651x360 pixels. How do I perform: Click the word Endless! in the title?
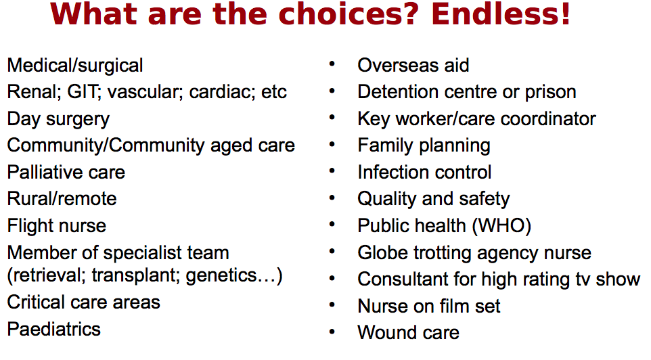coord(501,14)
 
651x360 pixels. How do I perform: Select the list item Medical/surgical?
coord(75,66)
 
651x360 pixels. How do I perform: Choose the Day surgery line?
coord(59,119)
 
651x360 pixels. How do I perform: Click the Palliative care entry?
coord(66,172)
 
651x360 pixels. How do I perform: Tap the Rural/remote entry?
coord(62,198)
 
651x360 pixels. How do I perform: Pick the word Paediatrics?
coord(54,330)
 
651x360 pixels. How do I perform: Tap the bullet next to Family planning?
coord(332,144)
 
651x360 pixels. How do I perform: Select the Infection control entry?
coord(424,172)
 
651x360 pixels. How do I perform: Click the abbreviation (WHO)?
coord(501,226)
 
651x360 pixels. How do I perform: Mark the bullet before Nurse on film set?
coord(332,305)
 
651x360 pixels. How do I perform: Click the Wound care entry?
coord(409,333)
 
